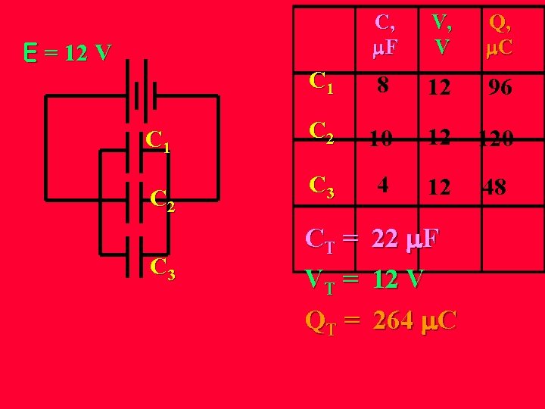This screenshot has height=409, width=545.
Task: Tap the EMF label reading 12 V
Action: pyautogui.click(x=67, y=53)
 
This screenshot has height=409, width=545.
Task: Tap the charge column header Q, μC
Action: pyautogui.click(x=500, y=34)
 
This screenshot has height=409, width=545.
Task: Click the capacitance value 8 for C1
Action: pyautogui.click(x=385, y=86)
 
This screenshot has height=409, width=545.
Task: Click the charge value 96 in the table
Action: pyautogui.click(x=500, y=87)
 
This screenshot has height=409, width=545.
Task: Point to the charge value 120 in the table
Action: pyautogui.click(x=497, y=137)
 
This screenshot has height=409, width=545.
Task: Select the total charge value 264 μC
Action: pyautogui.click(x=415, y=321)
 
